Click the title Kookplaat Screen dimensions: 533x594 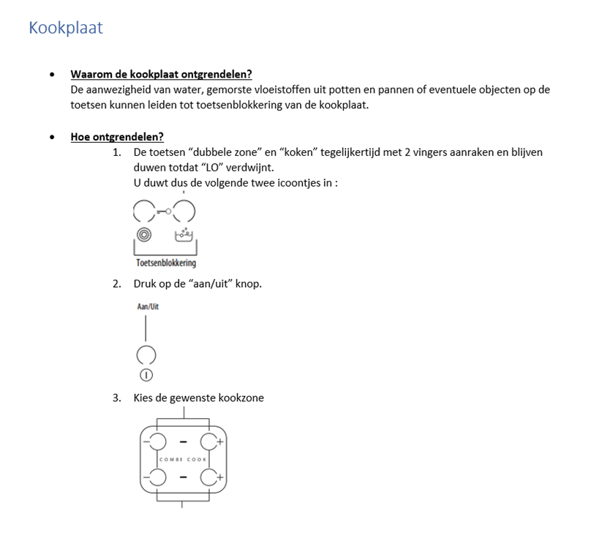tap(66, 28)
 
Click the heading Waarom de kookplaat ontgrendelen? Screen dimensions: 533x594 tap(161, 74)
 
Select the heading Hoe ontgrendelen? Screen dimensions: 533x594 tap(117, 136)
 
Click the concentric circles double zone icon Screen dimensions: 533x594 tap(144, 235)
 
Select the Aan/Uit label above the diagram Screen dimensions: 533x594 tap(148, 307)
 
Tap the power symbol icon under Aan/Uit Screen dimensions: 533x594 tap(146, 375)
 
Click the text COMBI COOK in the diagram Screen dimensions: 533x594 tap(183, 459)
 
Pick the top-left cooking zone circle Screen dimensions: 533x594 tap(156, 441)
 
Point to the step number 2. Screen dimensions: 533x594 tap(116, 283)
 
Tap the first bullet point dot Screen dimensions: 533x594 tap(51, 75)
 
